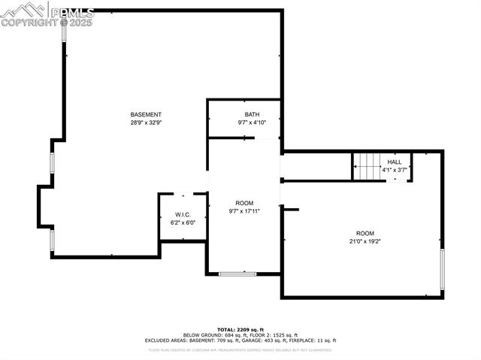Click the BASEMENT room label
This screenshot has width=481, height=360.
[146, 114]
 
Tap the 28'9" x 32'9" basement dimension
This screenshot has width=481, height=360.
[146, 123]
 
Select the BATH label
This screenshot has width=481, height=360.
[252, 114]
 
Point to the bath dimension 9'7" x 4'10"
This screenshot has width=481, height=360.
[252, 123]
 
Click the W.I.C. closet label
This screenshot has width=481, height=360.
[183, 215]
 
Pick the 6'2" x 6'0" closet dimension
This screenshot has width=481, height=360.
[183, 222]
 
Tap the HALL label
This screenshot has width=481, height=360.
[395, 162]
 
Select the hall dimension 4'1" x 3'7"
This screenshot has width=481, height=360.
[395, 170]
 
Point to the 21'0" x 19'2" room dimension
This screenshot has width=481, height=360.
[365, 241]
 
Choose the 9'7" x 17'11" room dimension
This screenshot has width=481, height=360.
[244, 211]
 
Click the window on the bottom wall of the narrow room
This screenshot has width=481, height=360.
[237, 274]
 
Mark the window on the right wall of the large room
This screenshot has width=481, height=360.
[442, 270]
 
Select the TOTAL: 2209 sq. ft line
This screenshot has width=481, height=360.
[240, 330]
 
